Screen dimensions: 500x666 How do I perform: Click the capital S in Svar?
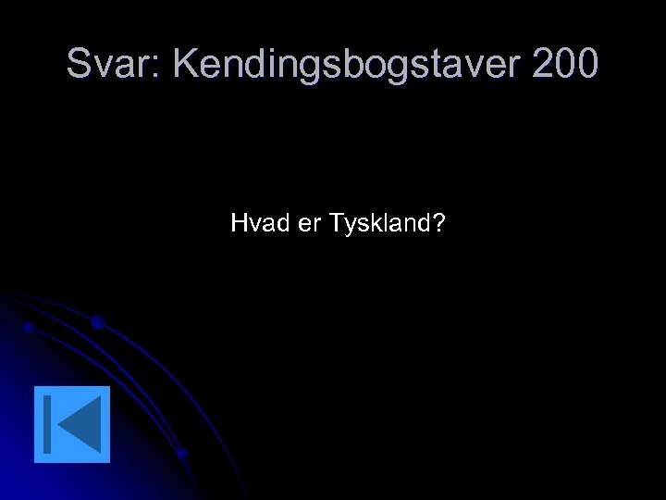[x=79, y=64]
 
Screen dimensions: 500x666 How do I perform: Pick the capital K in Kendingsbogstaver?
[x=184, y=64]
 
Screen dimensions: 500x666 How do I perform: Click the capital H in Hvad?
[x=238, y=223]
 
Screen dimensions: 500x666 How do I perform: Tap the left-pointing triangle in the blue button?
[x=80, y=424]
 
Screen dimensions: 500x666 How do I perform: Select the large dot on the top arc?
[x=97, y=322]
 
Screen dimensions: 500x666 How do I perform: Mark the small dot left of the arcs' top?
[x=29, y=328]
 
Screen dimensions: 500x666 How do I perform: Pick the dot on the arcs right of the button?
[x=183, y=454]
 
